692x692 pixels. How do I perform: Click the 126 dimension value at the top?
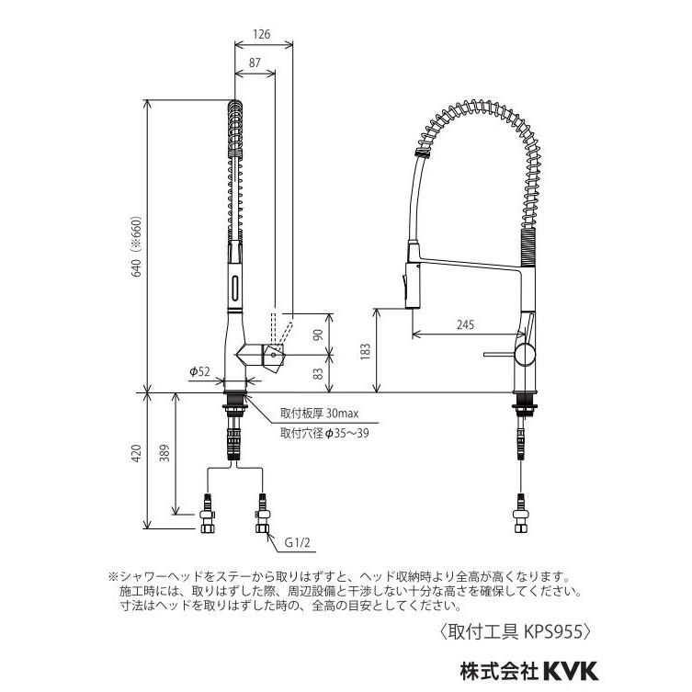pos(262,34)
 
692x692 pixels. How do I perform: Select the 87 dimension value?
pos(255,62)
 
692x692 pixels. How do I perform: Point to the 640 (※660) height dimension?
pos(137,246)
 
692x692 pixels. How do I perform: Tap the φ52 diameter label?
pos(199,371)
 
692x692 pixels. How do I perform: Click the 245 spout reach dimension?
pos(465,324)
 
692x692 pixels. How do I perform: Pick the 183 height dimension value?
pos(365,352)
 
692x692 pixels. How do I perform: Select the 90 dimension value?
pos(318,335)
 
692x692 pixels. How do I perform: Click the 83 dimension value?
pos(318,374)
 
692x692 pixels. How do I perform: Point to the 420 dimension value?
pos(137,453)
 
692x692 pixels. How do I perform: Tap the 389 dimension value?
pos(164,453)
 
